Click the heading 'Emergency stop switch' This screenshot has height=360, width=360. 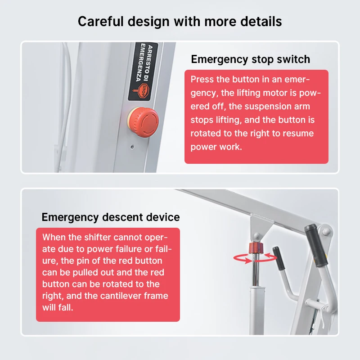click(x=250, y=59)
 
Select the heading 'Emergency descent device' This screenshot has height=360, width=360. click(x=111, y=217)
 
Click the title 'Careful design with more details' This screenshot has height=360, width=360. click(x=180, y=21)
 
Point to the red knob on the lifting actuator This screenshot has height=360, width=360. click(x=256, y=248)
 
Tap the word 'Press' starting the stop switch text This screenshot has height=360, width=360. click(x=202, y=80)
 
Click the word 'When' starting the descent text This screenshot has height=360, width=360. click(x=54, y=237)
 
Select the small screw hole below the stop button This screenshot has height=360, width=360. click(x=131, y=146)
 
